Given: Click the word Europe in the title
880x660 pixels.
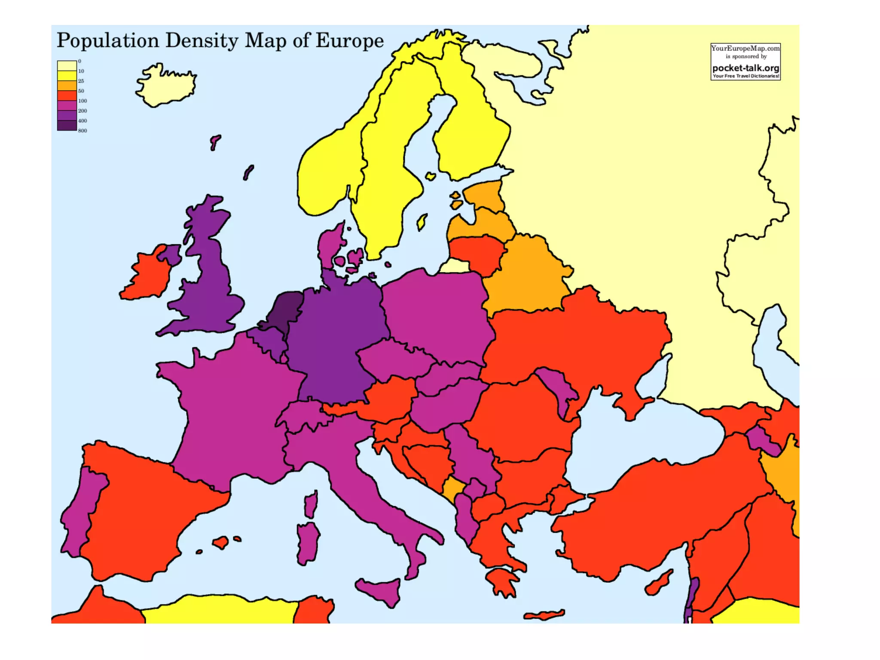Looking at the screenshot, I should click(x=349, y=40).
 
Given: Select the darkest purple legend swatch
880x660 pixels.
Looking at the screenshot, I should click(x=67, y=125).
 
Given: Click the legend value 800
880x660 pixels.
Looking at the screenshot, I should click(x=82, y=131).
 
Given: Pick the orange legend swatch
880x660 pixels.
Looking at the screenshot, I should click(x=67, y=86).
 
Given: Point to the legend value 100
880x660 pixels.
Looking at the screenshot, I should click(x=82, y=101).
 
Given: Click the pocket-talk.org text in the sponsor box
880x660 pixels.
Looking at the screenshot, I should click(x=746, y=68).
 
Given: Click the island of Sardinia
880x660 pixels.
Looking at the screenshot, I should click(x=308, y=541).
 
